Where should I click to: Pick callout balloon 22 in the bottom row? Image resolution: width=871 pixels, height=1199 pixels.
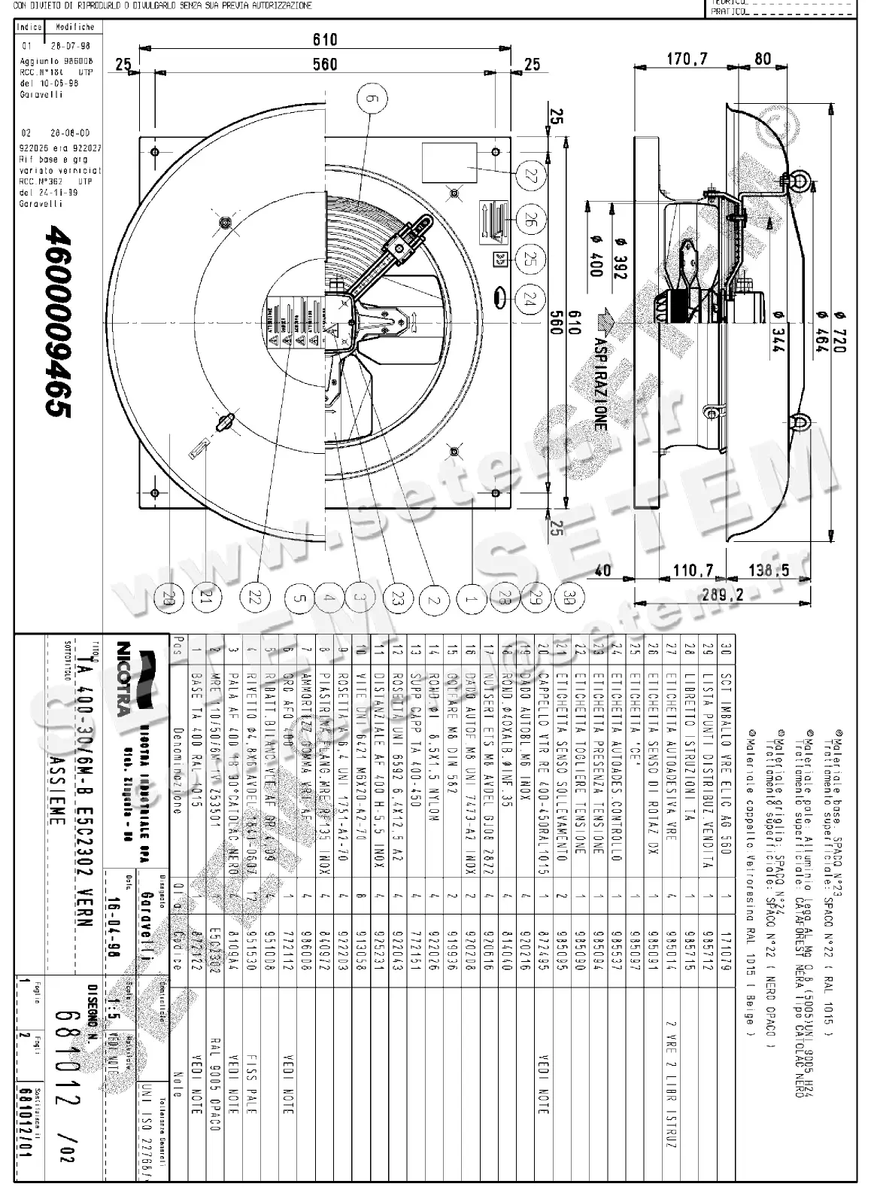pos(256,598)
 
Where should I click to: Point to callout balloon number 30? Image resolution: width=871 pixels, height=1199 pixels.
pos(569,598)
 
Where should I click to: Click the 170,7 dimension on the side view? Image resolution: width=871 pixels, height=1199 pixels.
pos(686,58)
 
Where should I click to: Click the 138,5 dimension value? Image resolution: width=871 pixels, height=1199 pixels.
pos(769,571)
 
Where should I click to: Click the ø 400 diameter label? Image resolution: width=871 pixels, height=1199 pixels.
pos(596,256)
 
